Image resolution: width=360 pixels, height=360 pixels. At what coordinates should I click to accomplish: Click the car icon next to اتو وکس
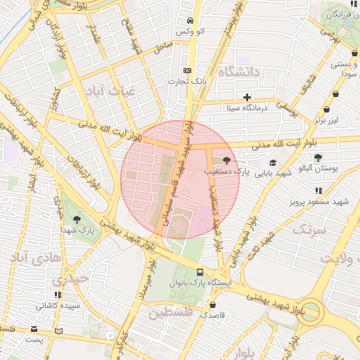click(191, 21)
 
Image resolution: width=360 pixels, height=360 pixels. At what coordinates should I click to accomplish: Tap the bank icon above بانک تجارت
click(187, 70)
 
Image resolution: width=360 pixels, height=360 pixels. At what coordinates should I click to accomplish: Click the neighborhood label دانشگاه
click(239, 72)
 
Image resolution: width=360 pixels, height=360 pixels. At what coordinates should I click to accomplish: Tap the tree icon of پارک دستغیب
click(226, 161)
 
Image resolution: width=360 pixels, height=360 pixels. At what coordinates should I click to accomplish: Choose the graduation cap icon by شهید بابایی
click(272, 162)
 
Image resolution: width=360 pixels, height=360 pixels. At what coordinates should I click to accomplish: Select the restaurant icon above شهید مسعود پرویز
click(319, 191)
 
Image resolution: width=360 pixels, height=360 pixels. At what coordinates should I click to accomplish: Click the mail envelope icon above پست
click(34, 329)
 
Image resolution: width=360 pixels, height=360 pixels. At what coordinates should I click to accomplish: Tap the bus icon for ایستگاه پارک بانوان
click(201, 271)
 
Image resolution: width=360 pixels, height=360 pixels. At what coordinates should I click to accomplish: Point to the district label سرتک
click(309, 230)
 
